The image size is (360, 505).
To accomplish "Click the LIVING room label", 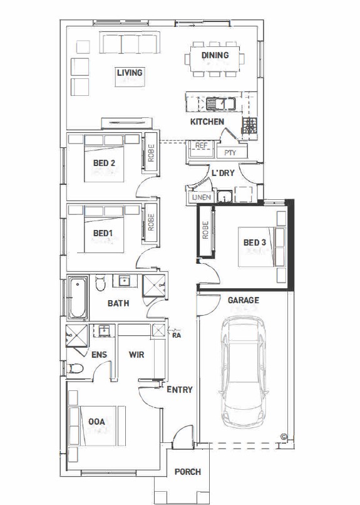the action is coord(130,73).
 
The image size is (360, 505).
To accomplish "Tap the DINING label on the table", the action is coord(215,55).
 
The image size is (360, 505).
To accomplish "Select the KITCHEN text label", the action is coord(207,122).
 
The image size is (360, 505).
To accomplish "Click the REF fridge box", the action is coord(202,148).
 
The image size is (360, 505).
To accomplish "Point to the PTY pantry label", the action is coord(230,153).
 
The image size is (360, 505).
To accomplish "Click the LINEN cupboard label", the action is coord(202,197).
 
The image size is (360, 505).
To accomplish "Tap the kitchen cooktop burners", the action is coord(250,126).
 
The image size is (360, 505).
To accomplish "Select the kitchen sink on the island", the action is coord(221,104).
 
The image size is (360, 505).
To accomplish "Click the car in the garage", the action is coord(244,372).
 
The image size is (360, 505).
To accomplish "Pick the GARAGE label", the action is coord(243,300).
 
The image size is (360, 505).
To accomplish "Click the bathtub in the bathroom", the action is coord(78,298).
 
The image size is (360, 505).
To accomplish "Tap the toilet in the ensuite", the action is coord(75,368).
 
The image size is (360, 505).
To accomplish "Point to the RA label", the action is coord(177,335).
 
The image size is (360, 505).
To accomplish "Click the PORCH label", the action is coord(188,472).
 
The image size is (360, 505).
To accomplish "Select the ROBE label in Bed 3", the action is coord(205,230).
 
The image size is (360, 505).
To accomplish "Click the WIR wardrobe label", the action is coord(136,355).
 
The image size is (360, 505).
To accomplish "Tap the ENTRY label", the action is coord(180,390).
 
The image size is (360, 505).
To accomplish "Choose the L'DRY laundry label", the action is coord(223,173).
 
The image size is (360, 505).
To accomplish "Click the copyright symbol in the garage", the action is coord(284,437).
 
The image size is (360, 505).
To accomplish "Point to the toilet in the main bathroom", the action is coord(100,283).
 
